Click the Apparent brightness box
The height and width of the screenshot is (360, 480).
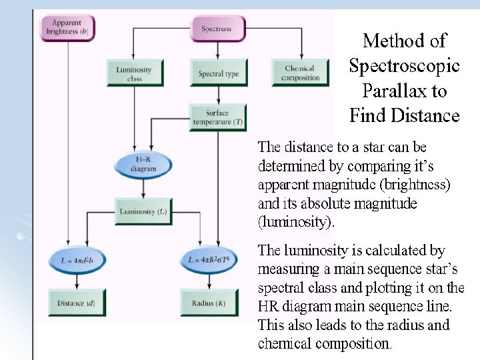click(67, 27)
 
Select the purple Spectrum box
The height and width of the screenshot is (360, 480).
click(217, 28)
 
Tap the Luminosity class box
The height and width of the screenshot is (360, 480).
click(134, 73)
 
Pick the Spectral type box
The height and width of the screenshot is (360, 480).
click(218, 73)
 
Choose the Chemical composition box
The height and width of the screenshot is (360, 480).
click(299, 73)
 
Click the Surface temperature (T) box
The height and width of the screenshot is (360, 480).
click(218, 117)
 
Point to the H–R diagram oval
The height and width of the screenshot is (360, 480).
click(143, 164)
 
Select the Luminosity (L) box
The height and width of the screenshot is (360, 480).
click(143, 212)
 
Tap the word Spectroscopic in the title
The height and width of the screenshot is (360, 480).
click(404, 65)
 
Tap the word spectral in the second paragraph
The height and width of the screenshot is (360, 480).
click(281, 288)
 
